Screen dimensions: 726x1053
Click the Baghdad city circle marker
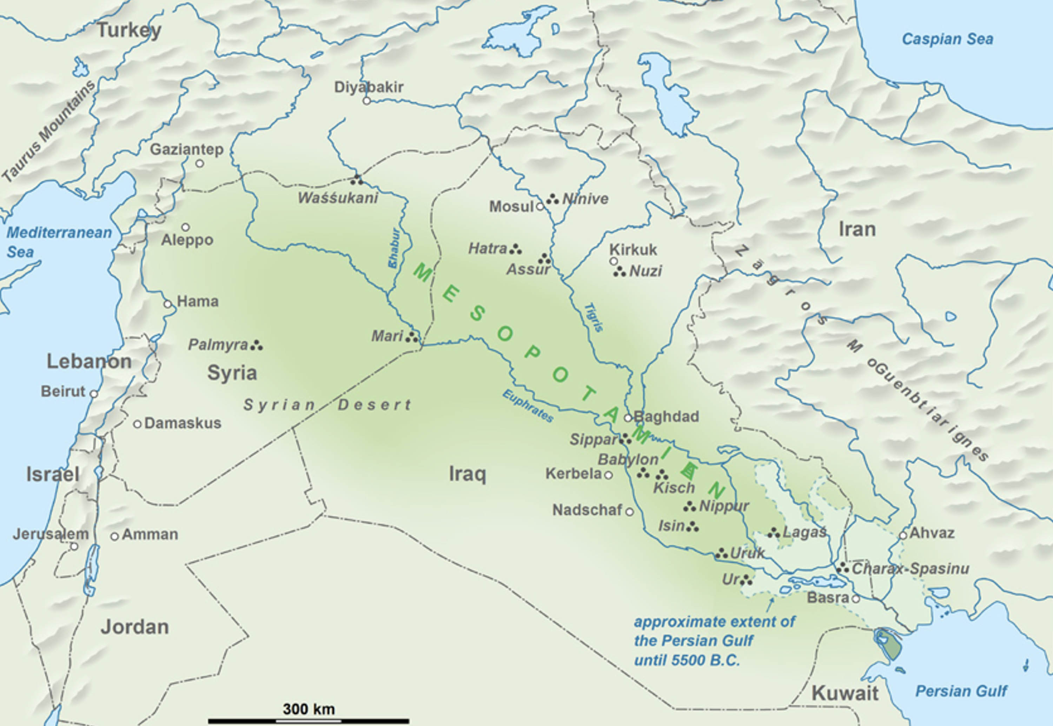628,418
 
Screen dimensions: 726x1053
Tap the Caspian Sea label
947,39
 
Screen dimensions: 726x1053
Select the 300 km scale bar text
309,709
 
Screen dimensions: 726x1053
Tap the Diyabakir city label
369,87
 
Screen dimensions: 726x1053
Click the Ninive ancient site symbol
552,199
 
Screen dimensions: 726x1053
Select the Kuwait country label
845,693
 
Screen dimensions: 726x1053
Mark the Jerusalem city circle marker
74,546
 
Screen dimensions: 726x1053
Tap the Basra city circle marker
855,599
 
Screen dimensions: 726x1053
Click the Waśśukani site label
338,198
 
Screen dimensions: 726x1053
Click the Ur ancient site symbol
746,580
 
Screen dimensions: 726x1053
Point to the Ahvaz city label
932,533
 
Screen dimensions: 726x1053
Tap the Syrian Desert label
327,404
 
